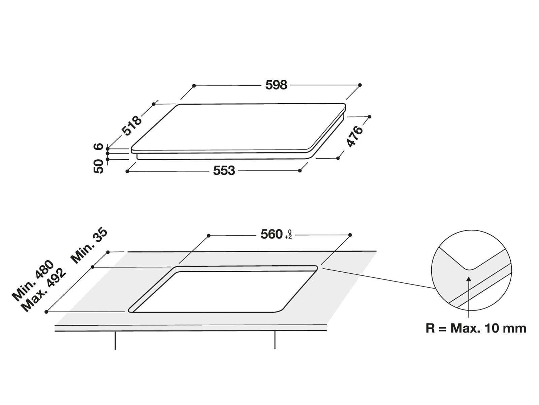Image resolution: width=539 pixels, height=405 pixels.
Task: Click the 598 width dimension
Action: click(276, 85)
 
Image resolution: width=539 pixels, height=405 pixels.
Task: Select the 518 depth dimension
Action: click(132, 126)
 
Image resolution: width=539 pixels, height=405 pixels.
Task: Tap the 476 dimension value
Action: click(354, 136)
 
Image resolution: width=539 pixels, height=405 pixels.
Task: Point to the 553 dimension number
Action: click(224, 170)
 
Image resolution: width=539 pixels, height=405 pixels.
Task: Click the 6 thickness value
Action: click(98, 146)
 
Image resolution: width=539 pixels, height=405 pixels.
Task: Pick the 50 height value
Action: click(98, 166)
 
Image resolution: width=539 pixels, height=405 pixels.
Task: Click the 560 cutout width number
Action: click(271, 234)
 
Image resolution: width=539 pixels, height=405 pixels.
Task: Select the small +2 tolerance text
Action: click(288, 237)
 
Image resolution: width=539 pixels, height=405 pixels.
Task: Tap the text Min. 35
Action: click(89, 246)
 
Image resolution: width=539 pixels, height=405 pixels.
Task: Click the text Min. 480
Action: click(33, 280)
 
